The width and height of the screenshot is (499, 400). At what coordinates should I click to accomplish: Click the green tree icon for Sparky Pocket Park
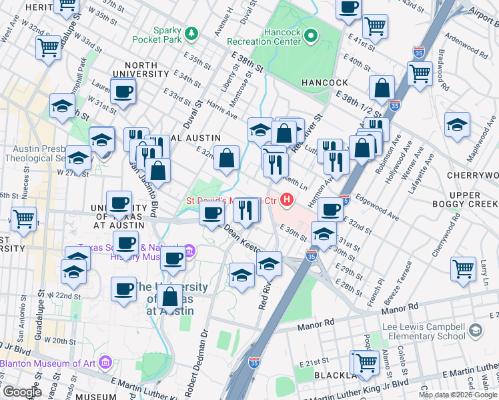[x=192, y=33]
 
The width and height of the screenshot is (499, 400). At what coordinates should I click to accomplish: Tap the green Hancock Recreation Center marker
[x=311, y=35]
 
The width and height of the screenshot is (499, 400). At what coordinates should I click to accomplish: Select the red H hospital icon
[x=288, y=199]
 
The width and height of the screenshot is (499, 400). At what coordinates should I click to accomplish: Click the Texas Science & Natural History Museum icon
[x=189, y=251]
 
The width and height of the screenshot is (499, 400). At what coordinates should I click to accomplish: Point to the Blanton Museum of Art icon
[x=105, y=363]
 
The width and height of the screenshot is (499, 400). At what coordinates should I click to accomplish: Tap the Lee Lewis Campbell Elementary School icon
[x=475, y=330]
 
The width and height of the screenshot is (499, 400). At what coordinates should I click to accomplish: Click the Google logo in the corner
[x=21, y=392]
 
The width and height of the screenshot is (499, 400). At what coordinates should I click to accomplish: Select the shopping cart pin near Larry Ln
[x=464, y=269]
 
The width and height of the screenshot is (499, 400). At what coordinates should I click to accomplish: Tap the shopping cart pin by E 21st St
[x=366, y=362]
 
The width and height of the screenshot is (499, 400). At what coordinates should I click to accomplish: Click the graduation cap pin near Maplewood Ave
[x=457, y=124]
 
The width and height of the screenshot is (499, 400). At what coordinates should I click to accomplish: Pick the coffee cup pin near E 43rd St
[x=348, y=8]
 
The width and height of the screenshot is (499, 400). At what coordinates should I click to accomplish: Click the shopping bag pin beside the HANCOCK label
[x=382, y=87]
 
